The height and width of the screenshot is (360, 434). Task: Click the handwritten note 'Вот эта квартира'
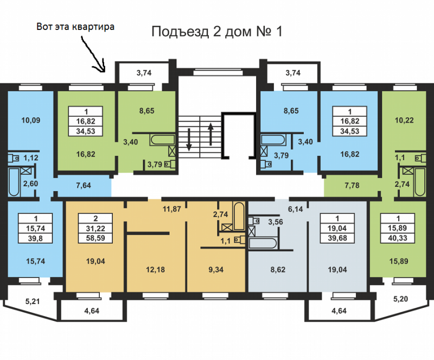pos(75,27)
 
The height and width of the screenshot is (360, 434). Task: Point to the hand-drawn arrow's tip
pos(104,72)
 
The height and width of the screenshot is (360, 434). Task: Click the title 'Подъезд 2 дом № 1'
pos(216,31)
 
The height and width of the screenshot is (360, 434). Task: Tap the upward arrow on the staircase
pos(211,134)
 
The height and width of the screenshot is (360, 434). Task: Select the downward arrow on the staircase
pos(189,140)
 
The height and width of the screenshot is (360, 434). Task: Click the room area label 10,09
pos(31,121)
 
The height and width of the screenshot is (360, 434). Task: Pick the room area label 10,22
pos(404,121)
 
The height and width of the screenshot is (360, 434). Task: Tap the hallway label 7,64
pos(84,185)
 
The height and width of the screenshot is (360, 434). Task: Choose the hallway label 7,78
pos(352,185)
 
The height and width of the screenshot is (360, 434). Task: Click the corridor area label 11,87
pos(171,209)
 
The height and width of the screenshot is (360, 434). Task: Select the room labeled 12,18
pos(155,269)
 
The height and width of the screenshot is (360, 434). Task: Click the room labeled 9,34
pos(216,269)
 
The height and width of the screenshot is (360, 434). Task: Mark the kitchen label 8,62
pos(278,269)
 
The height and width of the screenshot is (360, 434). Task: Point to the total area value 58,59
pos(95,238)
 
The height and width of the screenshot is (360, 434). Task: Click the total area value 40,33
pos(398,238)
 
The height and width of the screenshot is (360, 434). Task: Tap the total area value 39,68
pos(337,238)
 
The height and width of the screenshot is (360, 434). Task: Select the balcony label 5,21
pos(33,301)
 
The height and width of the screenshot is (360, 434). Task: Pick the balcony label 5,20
pos(400,299)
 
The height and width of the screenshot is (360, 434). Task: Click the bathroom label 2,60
pos(30,184)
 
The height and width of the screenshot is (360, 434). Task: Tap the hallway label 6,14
pos(295,209)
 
